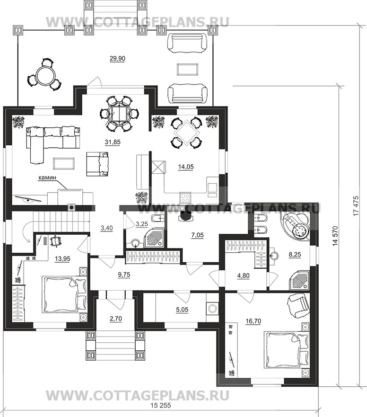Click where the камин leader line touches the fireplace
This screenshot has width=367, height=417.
pos(68,189)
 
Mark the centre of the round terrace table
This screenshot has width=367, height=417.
pos(44,75)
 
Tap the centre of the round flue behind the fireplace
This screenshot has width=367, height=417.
pos(72,207)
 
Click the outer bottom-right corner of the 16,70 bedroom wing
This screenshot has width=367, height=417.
pos(318,386)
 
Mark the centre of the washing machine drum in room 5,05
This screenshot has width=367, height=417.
pos(212,309)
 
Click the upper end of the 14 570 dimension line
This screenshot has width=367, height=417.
pos(339,85)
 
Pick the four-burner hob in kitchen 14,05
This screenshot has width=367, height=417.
pos(185,197)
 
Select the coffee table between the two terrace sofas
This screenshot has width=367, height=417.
pos(188,70)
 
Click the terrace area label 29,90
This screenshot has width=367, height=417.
pos(117,59)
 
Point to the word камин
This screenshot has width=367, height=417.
pos(47,177)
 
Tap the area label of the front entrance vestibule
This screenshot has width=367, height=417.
pos(115,319)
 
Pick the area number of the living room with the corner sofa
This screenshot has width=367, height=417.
pos(113,142)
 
